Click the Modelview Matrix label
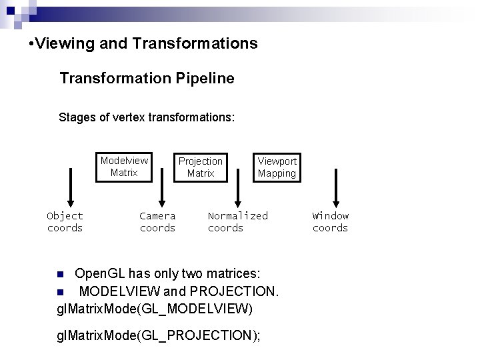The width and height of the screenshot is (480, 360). [x=124, y=167]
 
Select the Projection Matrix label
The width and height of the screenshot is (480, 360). [x=201, y=167]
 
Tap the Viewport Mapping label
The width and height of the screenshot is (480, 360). [x=277, y=167]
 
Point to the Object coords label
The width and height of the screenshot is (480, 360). [x=65, y=222]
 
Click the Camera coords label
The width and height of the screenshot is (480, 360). [x=158, y=222]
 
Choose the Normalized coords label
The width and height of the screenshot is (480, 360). [x=237, y=222]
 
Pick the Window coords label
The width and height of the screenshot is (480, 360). [x=331, y=222]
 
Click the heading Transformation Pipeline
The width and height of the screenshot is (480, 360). [x=147, y=79]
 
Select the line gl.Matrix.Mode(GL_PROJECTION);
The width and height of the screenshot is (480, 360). [x=160, y=335]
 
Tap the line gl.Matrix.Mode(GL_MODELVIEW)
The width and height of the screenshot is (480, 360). [x=156, y=309]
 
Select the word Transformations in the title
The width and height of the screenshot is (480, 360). [x=195, y=44]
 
